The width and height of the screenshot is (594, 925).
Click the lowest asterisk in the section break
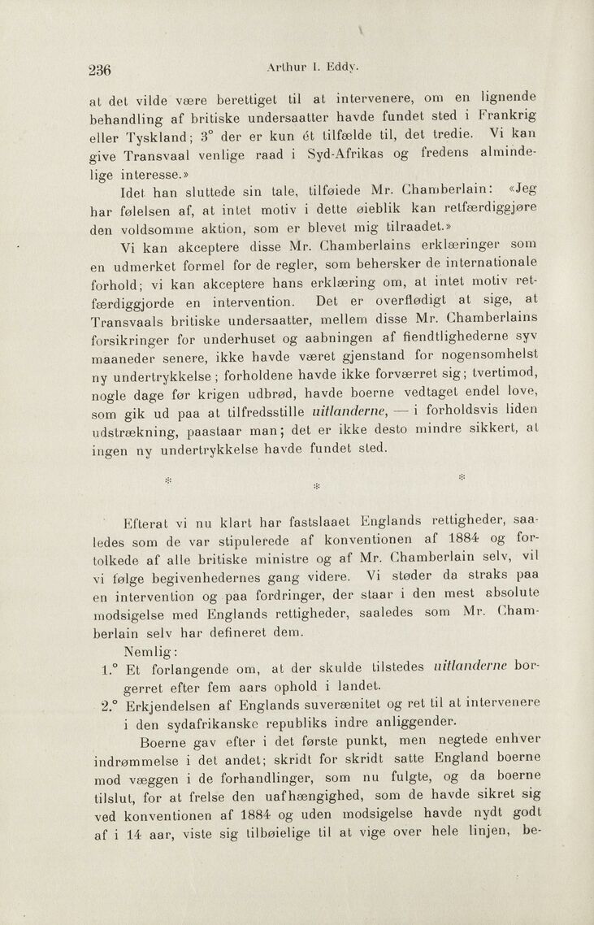tap(316, 488)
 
